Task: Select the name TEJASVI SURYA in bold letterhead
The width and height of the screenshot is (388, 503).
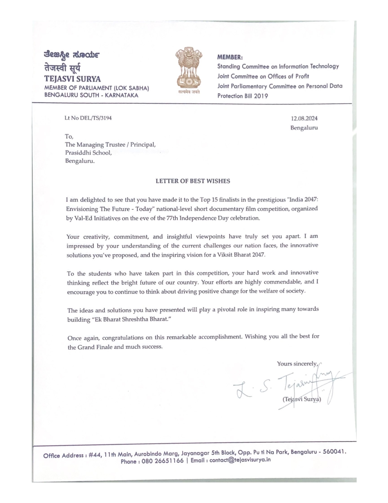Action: point(73,79)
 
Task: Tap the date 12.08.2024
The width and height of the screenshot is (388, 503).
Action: point(304,118)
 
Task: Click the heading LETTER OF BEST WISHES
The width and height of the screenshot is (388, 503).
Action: point(193,181)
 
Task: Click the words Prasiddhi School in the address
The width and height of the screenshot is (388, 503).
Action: point(88,153)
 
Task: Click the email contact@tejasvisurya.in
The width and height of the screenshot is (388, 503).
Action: point(240,460)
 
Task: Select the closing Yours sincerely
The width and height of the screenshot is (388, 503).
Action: point(297,364)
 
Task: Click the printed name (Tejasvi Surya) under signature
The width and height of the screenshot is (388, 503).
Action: point(302,399)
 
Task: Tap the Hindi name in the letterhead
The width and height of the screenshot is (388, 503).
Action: point(62,67)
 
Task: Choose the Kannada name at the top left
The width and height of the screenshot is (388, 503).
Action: point(72,55)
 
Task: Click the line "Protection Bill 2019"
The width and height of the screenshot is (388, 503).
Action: point(243,96)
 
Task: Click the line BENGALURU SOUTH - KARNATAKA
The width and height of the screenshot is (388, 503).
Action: point(91,95)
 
